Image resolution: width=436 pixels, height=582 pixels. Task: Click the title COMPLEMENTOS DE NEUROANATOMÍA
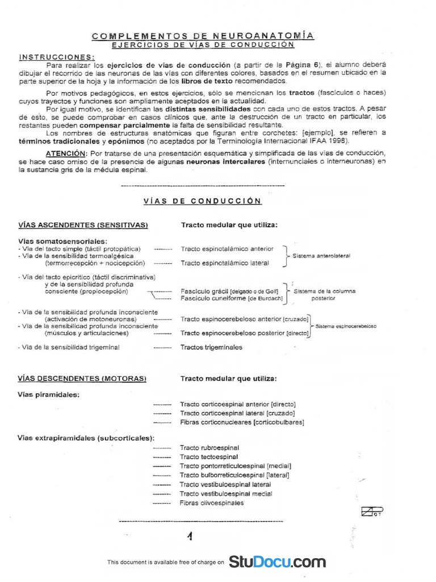[203, 36]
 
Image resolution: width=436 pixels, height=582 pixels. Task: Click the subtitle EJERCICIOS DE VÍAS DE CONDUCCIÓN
[203, 44]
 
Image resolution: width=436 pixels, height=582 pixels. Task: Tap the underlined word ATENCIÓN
[64, 153]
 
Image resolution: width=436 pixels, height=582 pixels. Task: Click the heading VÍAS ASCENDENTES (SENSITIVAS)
[83, 225]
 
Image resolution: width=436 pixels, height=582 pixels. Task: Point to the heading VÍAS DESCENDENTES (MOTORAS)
[82, 378]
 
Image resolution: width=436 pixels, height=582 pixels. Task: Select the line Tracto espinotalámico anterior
[227, 249]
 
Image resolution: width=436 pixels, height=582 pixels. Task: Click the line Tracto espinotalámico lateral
[224, 263]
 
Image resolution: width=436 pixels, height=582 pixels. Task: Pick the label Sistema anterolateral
[321, 256]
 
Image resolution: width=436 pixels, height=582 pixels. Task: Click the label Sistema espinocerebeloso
[346, 326]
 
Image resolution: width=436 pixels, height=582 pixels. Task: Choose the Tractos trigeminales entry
[211, 347]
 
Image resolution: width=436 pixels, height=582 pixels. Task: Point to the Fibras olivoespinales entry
[212, 503]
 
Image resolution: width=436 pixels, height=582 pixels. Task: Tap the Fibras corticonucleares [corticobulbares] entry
[242, 422]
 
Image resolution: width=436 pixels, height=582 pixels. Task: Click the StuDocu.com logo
[278, 562]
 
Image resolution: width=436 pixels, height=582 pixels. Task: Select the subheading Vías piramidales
[48, 394]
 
